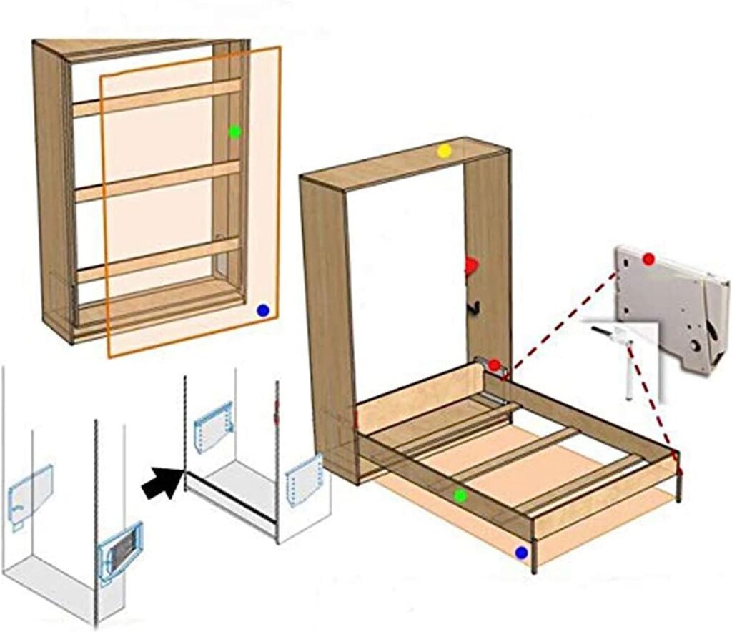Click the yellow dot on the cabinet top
tap(445, 151)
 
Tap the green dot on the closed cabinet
tap(234, 132)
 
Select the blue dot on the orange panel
tap(263, 310)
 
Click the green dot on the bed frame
tap(460, 495)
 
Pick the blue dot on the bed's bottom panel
tap(521, 553)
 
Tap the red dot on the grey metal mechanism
tap(648, 259)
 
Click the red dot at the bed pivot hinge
tap(493, 365)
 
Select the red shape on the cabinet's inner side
tap(470, 267)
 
